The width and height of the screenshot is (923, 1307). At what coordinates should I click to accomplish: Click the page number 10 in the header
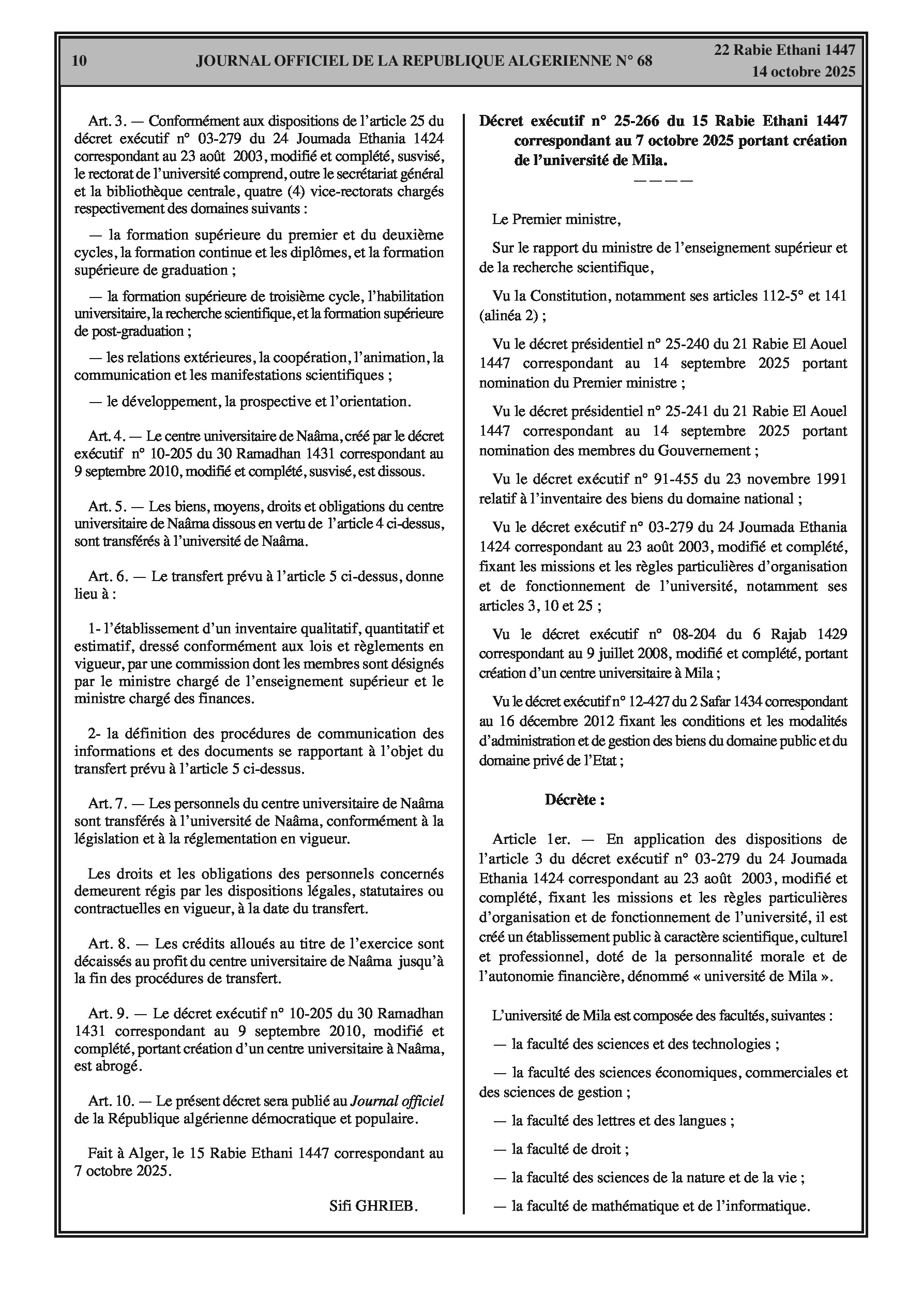coord(80,61)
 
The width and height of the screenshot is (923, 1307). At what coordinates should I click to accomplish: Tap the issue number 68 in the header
coord(641,61)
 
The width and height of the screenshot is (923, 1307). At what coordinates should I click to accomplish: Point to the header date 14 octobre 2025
coord(804,72)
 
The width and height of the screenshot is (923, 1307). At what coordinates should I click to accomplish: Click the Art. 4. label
coord(107,437)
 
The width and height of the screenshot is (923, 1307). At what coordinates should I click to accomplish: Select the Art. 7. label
coord(107,804)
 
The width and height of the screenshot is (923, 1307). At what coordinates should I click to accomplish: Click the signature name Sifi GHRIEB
coord(373,1206)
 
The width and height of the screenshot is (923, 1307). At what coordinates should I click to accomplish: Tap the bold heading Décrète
coord(574,800)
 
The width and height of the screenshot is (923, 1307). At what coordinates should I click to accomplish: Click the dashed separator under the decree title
coord(662,181)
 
